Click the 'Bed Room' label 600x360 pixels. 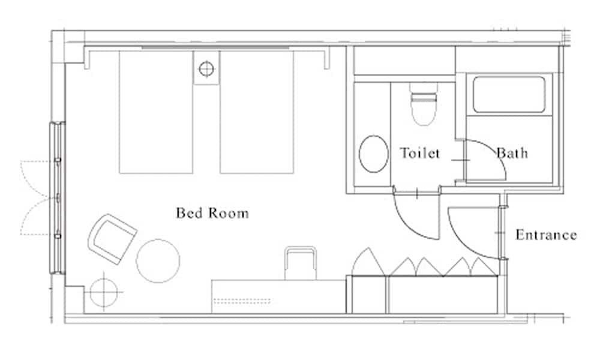click(212, 213)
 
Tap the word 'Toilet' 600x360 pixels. click(420, 153)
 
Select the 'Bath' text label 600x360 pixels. click(512, 153)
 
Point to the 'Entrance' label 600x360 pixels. click(546, 235)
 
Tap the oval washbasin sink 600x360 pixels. click(373, 154)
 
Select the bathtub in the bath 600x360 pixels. click(509, 94)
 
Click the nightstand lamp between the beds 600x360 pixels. click(206, 68)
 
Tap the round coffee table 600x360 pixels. click(158, 261)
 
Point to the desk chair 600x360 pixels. click(300, 263)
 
